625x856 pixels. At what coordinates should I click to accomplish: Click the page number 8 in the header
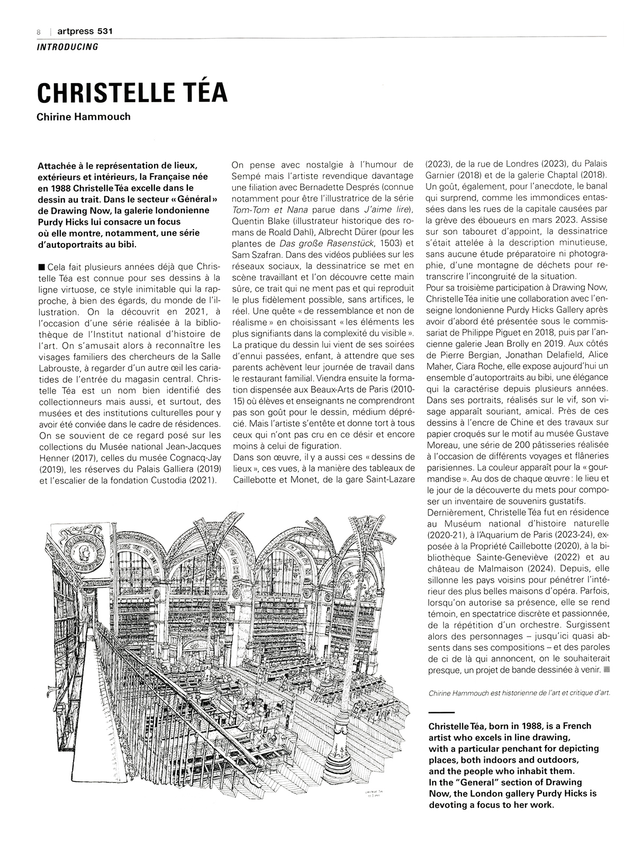[39, 32]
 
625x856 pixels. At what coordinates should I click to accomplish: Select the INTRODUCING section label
[68, 47]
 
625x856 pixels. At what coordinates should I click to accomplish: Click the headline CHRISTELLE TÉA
[132, 92]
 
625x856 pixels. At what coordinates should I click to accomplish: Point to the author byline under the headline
[84, 117]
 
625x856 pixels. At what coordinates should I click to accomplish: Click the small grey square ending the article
[606, 669]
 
